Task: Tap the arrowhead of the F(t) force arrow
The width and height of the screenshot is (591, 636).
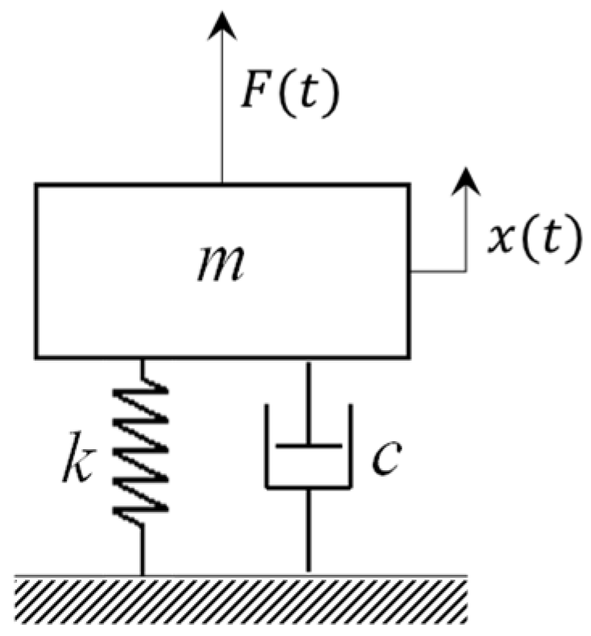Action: pos(222,27)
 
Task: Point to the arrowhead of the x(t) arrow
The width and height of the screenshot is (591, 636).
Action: pos(465,181)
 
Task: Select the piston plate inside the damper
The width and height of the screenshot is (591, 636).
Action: pos(308,444)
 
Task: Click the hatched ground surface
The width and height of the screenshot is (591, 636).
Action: pos(242,599)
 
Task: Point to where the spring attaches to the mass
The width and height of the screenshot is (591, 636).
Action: pos(143,360)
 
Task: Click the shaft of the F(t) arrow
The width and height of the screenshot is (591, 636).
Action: pos(222,113)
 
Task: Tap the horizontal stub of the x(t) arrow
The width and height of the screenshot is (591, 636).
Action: pos(439,271)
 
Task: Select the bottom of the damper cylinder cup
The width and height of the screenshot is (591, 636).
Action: pos(308,486)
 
